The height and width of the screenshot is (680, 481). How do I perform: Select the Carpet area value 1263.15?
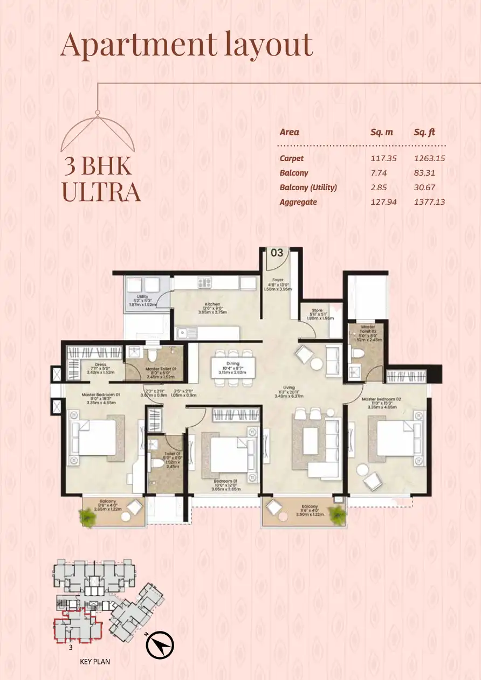click(x=429, y=158)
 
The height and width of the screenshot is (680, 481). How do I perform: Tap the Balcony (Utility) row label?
click(x=308, y=188)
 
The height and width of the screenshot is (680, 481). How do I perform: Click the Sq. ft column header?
click(x=424, y=132)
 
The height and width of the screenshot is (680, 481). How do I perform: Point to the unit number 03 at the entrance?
click(x=277, y=253)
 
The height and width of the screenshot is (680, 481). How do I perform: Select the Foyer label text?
click(x=278, y=280)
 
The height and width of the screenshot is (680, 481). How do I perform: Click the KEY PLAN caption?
click(x=94, y=661)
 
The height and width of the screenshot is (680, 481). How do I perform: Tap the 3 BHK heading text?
click(x=98, y=166)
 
